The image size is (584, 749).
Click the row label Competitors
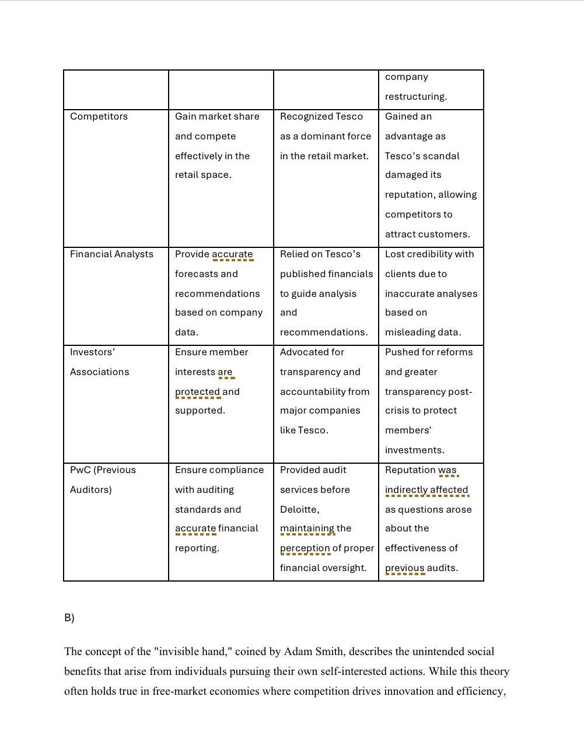99,117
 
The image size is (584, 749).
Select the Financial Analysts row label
111,254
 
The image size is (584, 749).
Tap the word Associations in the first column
100,372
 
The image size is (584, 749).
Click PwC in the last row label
80,470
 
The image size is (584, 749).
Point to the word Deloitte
299,510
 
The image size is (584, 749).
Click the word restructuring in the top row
415,97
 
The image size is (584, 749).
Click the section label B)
69,618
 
